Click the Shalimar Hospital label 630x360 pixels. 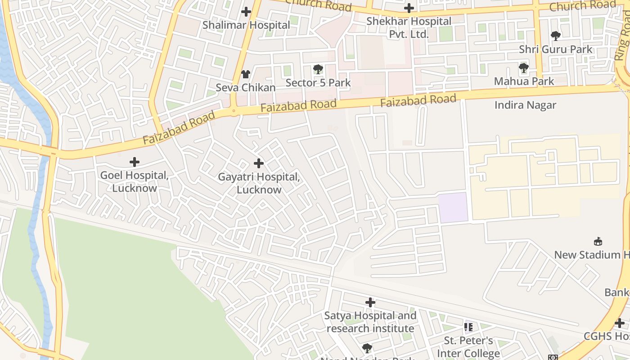coord(246,25)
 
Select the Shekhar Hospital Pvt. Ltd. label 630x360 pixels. coord(409,27)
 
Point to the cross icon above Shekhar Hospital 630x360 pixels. coord(409,8)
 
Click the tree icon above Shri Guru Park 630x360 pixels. coord(556,36)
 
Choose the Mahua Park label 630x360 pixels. coord(524,81)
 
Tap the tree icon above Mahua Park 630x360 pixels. coord(523,68)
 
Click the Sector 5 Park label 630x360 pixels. coord(318,83)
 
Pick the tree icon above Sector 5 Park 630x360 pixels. coord(318,69)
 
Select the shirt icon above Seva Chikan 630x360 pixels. coord(246,74)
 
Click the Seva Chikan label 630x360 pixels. coord(246,88)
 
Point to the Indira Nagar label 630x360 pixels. coord(525,105)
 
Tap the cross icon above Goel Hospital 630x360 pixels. coord(134,162)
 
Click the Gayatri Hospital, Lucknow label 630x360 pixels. coord(259,183)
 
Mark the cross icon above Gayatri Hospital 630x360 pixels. coord(259,163)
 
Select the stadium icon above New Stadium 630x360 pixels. coord(598,242)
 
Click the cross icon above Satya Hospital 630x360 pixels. coord(370,302)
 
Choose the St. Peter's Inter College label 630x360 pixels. coord(468,347)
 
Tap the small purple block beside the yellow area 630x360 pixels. coord(453,207)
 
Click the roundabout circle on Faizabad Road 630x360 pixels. coord(234,110)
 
